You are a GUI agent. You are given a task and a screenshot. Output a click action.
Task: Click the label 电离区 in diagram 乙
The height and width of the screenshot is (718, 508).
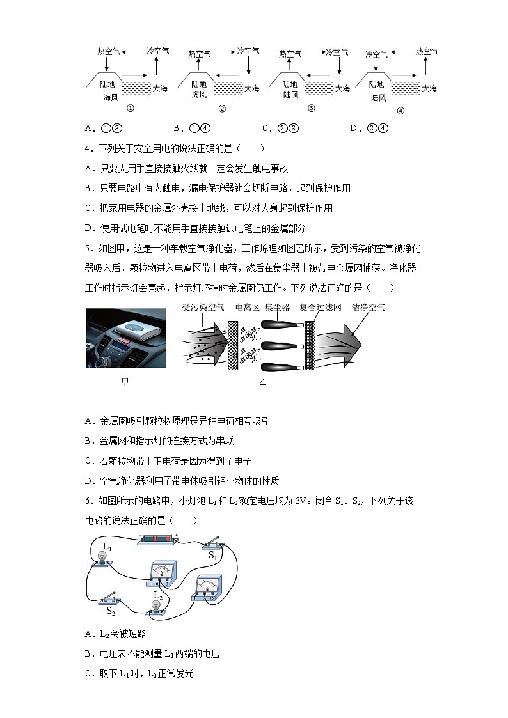coord(247,308)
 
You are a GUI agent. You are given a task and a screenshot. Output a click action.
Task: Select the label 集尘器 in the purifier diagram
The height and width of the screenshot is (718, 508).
coord(277,308)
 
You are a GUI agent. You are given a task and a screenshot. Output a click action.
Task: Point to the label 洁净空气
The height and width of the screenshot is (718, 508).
coord(368,308)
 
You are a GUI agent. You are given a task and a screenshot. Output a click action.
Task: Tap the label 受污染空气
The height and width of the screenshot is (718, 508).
coord(203,308)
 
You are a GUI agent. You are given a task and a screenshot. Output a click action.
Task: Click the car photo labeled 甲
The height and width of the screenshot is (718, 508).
coord(126,339)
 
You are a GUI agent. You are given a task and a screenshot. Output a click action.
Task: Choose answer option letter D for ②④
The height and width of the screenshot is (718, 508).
coord(354,129)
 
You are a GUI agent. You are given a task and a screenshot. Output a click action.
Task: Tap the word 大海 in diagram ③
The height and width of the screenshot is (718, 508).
coord(343,88)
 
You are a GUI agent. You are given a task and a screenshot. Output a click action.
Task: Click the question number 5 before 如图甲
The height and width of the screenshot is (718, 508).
coord(88,248)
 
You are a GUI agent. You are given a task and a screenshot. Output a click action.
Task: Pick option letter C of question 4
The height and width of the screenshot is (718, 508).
coord(88,208)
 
